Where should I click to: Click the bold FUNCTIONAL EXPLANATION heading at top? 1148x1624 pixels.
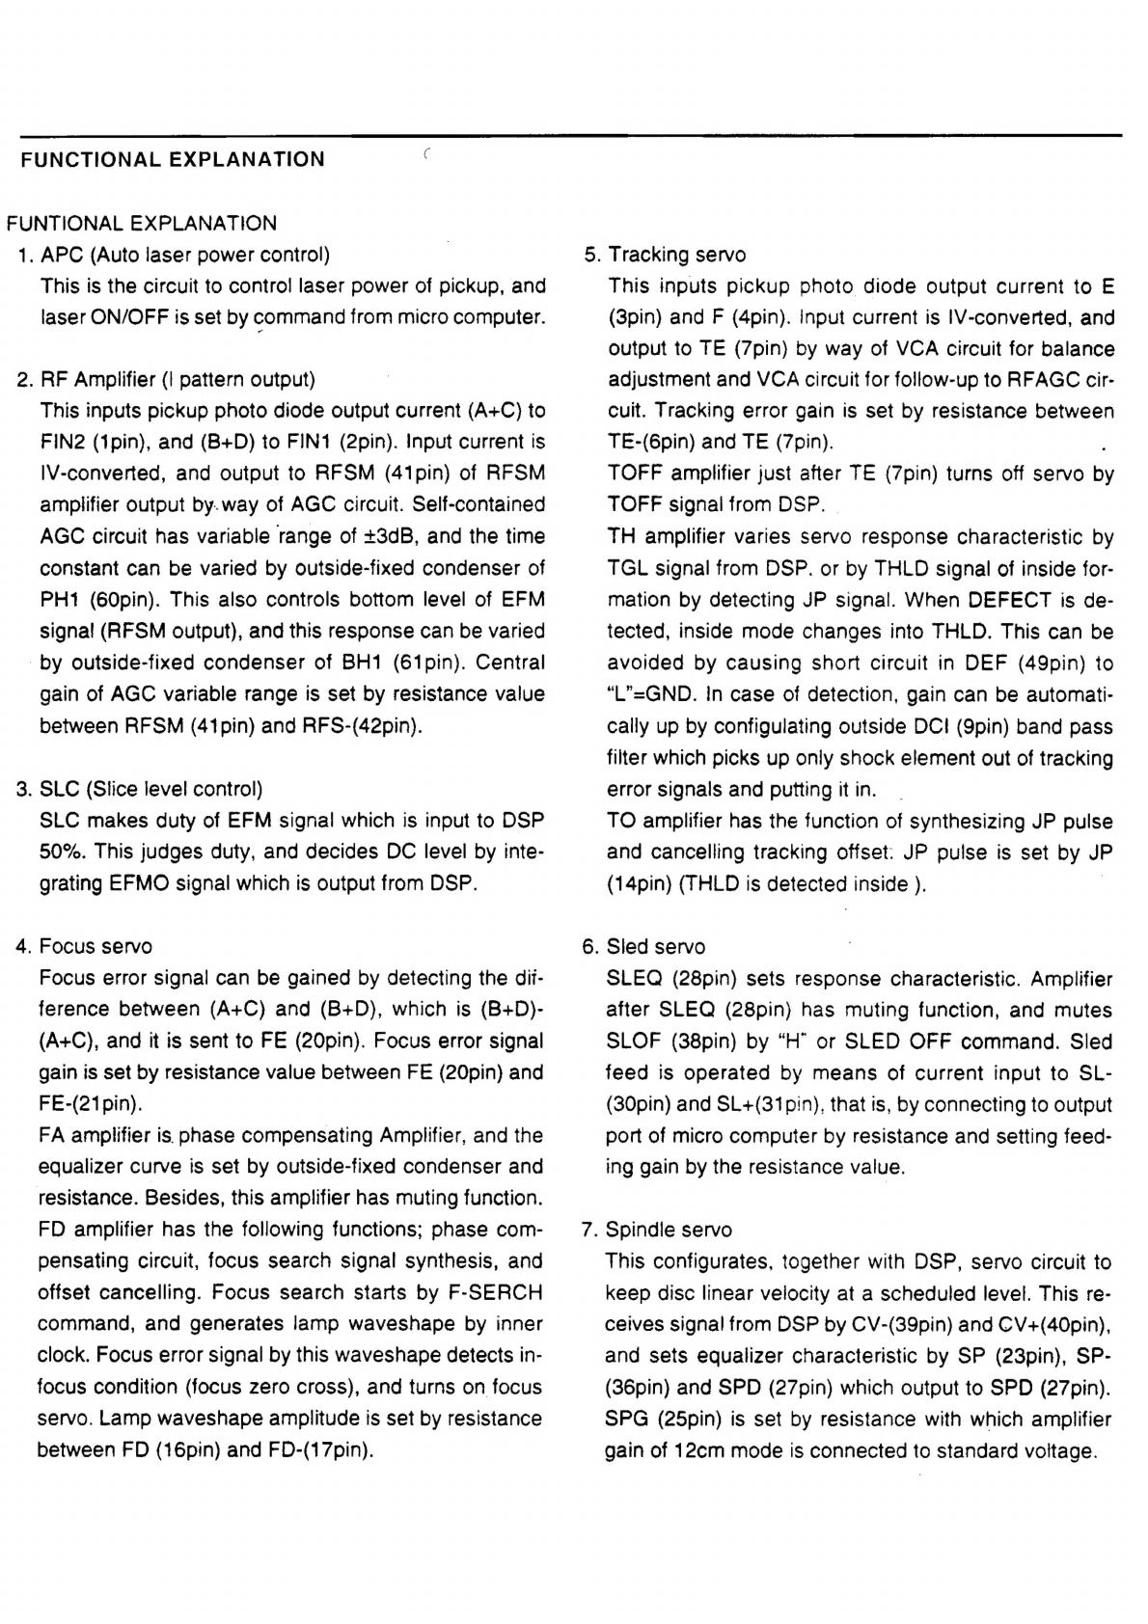[173, 160]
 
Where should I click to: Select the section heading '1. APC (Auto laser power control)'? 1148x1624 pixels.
[175, 255]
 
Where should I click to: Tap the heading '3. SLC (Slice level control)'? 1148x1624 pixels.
[140, 789]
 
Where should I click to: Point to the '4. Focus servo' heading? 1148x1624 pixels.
[85, 946]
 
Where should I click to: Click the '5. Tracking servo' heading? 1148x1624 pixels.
[666, 255]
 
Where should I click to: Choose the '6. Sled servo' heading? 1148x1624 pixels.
[644, 946]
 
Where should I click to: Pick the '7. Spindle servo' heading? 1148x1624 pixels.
[657, 1230]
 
